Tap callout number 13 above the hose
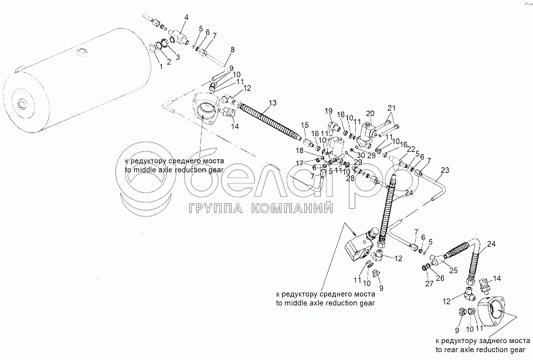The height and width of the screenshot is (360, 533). [271, 103]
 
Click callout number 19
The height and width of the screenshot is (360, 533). [328, 111]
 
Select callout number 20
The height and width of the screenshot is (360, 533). [370, 113]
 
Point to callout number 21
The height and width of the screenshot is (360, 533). [392, 107]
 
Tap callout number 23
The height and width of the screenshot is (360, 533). [445, 171]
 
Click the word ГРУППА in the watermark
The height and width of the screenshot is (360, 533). [215, 209]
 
